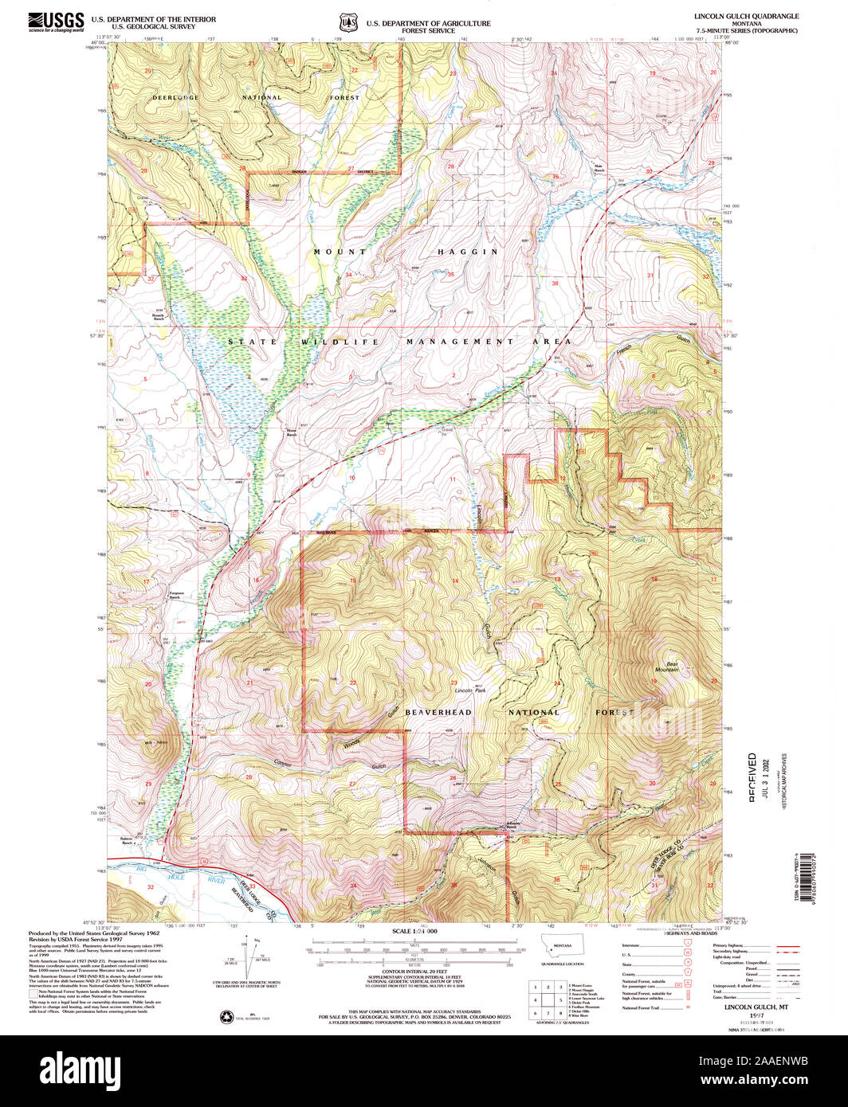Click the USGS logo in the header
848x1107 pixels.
(56, 22)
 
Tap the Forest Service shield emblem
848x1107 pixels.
(345, 22)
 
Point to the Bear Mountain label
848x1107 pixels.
(667, 666)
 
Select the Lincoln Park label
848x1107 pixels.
(470, 690)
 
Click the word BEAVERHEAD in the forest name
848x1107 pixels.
(438, 712)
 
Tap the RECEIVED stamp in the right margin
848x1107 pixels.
(752, 776)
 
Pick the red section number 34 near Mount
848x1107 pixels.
(348, 275)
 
